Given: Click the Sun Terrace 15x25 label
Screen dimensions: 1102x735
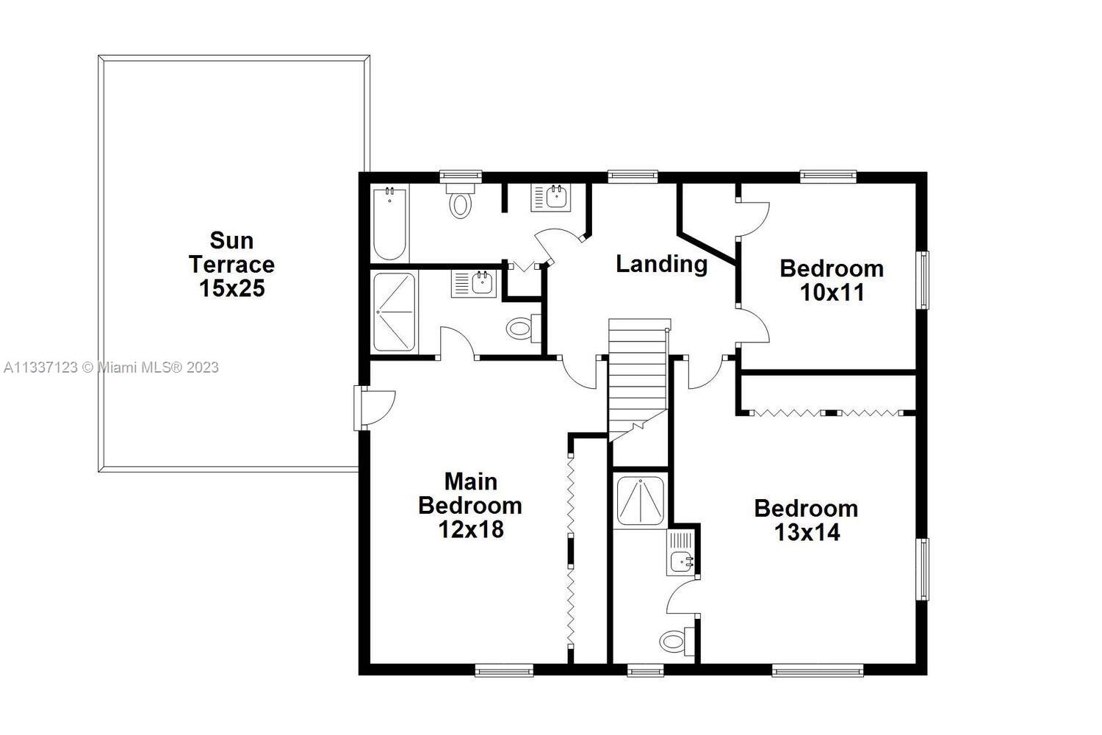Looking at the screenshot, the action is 231,265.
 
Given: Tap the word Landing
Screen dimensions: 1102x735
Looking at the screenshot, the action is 662,265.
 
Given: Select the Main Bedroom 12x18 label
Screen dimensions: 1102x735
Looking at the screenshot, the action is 470,506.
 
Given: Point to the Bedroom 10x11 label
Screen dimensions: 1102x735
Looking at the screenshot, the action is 832,281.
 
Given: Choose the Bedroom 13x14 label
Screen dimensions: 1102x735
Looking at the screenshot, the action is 807,520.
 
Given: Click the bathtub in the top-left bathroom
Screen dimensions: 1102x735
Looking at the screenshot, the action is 389,224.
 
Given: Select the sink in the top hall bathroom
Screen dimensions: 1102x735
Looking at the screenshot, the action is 551,198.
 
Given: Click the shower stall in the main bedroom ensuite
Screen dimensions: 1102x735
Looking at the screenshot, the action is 394,312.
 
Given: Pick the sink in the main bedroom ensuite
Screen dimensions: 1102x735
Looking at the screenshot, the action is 474,283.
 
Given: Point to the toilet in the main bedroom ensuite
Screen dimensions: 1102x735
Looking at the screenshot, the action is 523,327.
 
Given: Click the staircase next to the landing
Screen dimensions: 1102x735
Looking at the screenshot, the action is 638,379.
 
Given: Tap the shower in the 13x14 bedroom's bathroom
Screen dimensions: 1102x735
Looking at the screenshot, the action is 640,501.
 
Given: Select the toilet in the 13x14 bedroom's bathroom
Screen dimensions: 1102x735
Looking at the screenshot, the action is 677,641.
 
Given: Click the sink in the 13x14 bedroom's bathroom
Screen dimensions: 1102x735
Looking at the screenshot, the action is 680,553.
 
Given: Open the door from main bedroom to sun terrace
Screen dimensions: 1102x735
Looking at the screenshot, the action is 375,408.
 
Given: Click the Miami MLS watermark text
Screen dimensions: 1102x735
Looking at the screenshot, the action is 111,367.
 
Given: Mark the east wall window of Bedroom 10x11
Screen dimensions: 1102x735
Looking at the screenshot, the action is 923,281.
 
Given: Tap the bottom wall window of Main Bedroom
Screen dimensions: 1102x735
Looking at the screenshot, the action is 504,670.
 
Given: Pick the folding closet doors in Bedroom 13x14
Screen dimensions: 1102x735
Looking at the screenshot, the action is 826,412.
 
